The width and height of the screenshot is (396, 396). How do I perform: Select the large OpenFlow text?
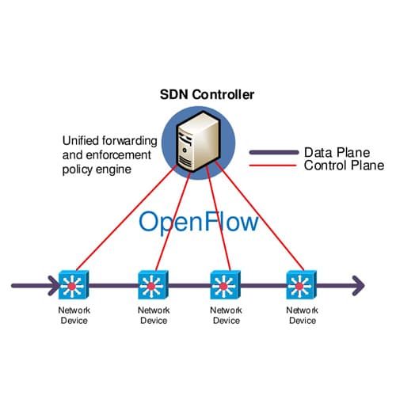pos(198,221)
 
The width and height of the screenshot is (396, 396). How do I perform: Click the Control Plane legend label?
pos(342,166)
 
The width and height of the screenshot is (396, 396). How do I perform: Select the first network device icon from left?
pos(74,283)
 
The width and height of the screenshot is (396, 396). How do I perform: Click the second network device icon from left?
pos(152,284)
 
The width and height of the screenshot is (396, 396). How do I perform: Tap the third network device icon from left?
pos(225,284)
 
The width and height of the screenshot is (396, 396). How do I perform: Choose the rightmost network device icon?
pos(300,284)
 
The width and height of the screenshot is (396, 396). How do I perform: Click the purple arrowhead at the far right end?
pos(358,283)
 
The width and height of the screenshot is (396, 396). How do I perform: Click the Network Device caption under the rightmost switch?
pos(302,315)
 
